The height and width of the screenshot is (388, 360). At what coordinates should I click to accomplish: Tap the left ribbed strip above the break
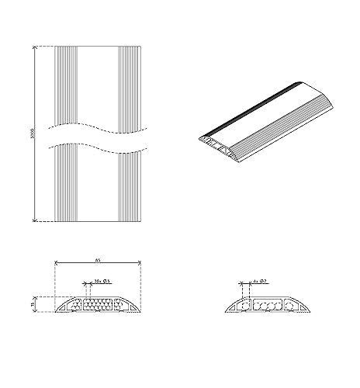[67, 85]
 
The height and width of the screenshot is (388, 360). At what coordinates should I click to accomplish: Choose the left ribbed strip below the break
[67, 186]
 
